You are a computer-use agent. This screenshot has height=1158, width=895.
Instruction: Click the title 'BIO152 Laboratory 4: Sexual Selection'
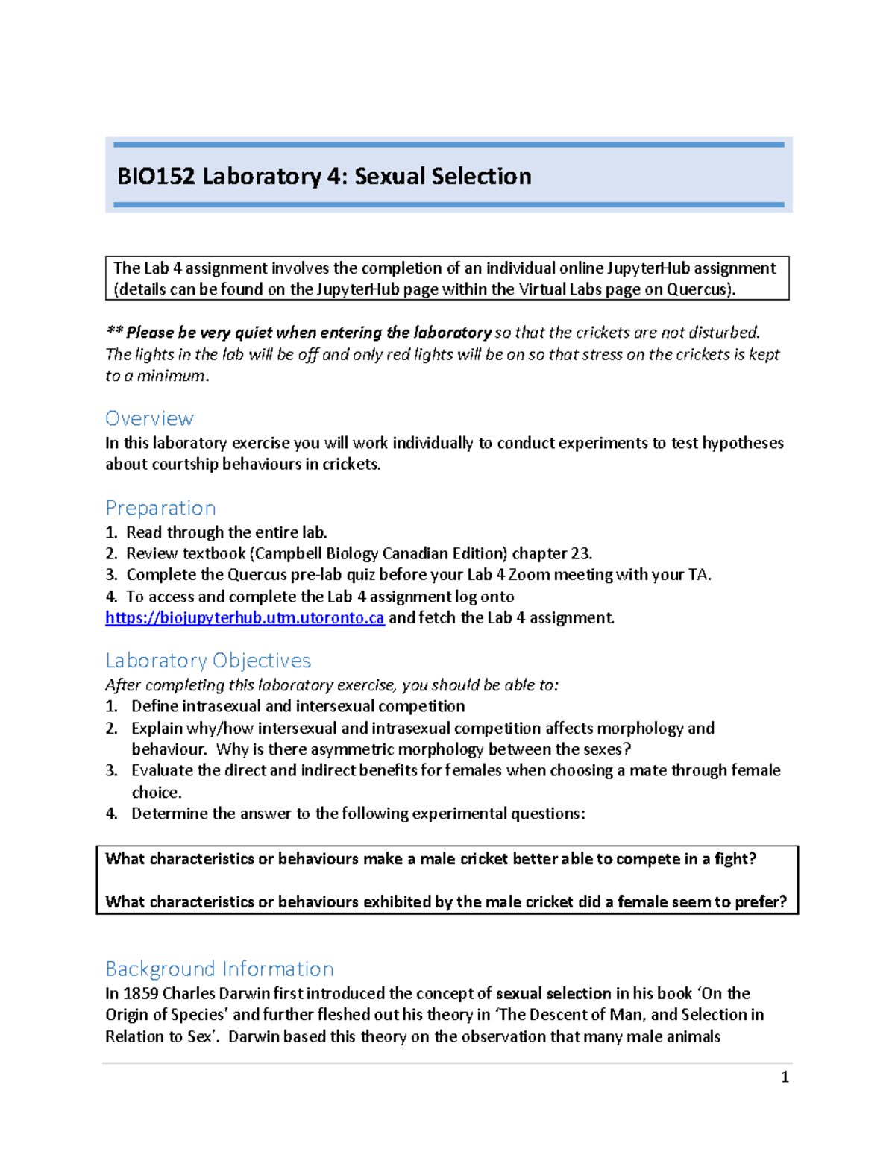click(x=324, y=177)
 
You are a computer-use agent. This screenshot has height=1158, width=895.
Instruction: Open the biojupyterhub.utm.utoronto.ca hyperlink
click(x=245, y=618)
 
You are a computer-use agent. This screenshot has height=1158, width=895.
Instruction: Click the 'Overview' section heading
click(x=149, y=418)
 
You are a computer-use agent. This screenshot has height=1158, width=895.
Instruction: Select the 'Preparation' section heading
click(x=160, y=508)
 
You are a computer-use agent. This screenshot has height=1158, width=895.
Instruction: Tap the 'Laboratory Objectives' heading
click(x=208, y=661)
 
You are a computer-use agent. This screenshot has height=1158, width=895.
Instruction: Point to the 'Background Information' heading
click(x=219, y=969)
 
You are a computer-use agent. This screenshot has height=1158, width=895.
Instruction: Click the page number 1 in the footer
click(x=784, y=1077)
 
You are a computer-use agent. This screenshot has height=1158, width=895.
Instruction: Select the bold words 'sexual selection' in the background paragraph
click(x=553, y=994)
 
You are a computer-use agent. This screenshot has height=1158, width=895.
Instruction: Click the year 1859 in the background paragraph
click(x=140, y=994)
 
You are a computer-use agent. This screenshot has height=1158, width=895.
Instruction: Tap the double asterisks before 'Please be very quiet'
click(x=114, y=333)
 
